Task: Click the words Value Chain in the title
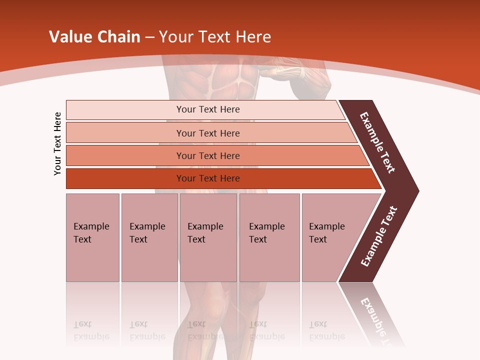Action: click(x=94, y=37)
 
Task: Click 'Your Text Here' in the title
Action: click(x=215, y=37)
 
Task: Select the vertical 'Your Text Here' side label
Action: click(x=58, y=143)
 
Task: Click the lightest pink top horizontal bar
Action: click(x=208, y=109)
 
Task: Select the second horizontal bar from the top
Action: click(x=208, y=133)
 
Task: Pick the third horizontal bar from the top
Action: click(x=208, y=155)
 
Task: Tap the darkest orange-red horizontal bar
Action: click(x=208, y=178)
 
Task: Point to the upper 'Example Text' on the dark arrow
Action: click(x=377, y=142)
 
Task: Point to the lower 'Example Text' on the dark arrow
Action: click(x=379, y=236)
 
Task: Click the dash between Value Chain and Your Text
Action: click(x=149, y=37)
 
